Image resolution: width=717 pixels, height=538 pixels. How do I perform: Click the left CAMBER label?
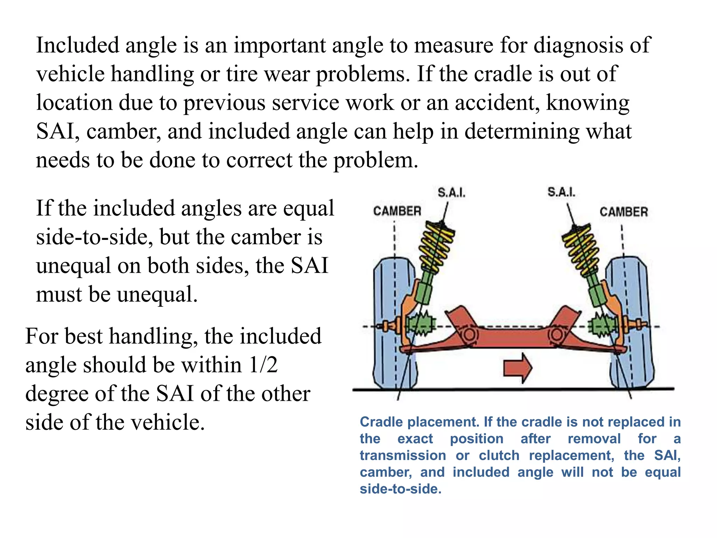pos(397,211)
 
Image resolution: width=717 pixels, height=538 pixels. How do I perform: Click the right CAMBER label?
pos(624,212)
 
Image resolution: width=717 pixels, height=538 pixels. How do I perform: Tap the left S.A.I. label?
pos(451,193)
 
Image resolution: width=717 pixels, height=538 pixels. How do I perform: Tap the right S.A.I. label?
pos(561,192)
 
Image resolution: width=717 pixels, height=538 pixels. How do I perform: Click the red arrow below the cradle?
pos(517,368)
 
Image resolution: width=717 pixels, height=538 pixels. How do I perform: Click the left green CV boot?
pos(422,324)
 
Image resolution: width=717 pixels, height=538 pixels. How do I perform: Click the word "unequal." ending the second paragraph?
pos(157,294)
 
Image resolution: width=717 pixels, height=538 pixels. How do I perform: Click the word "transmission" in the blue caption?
pos(403,456)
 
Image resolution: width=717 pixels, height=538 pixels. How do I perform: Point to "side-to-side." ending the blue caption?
pos(401,489)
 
